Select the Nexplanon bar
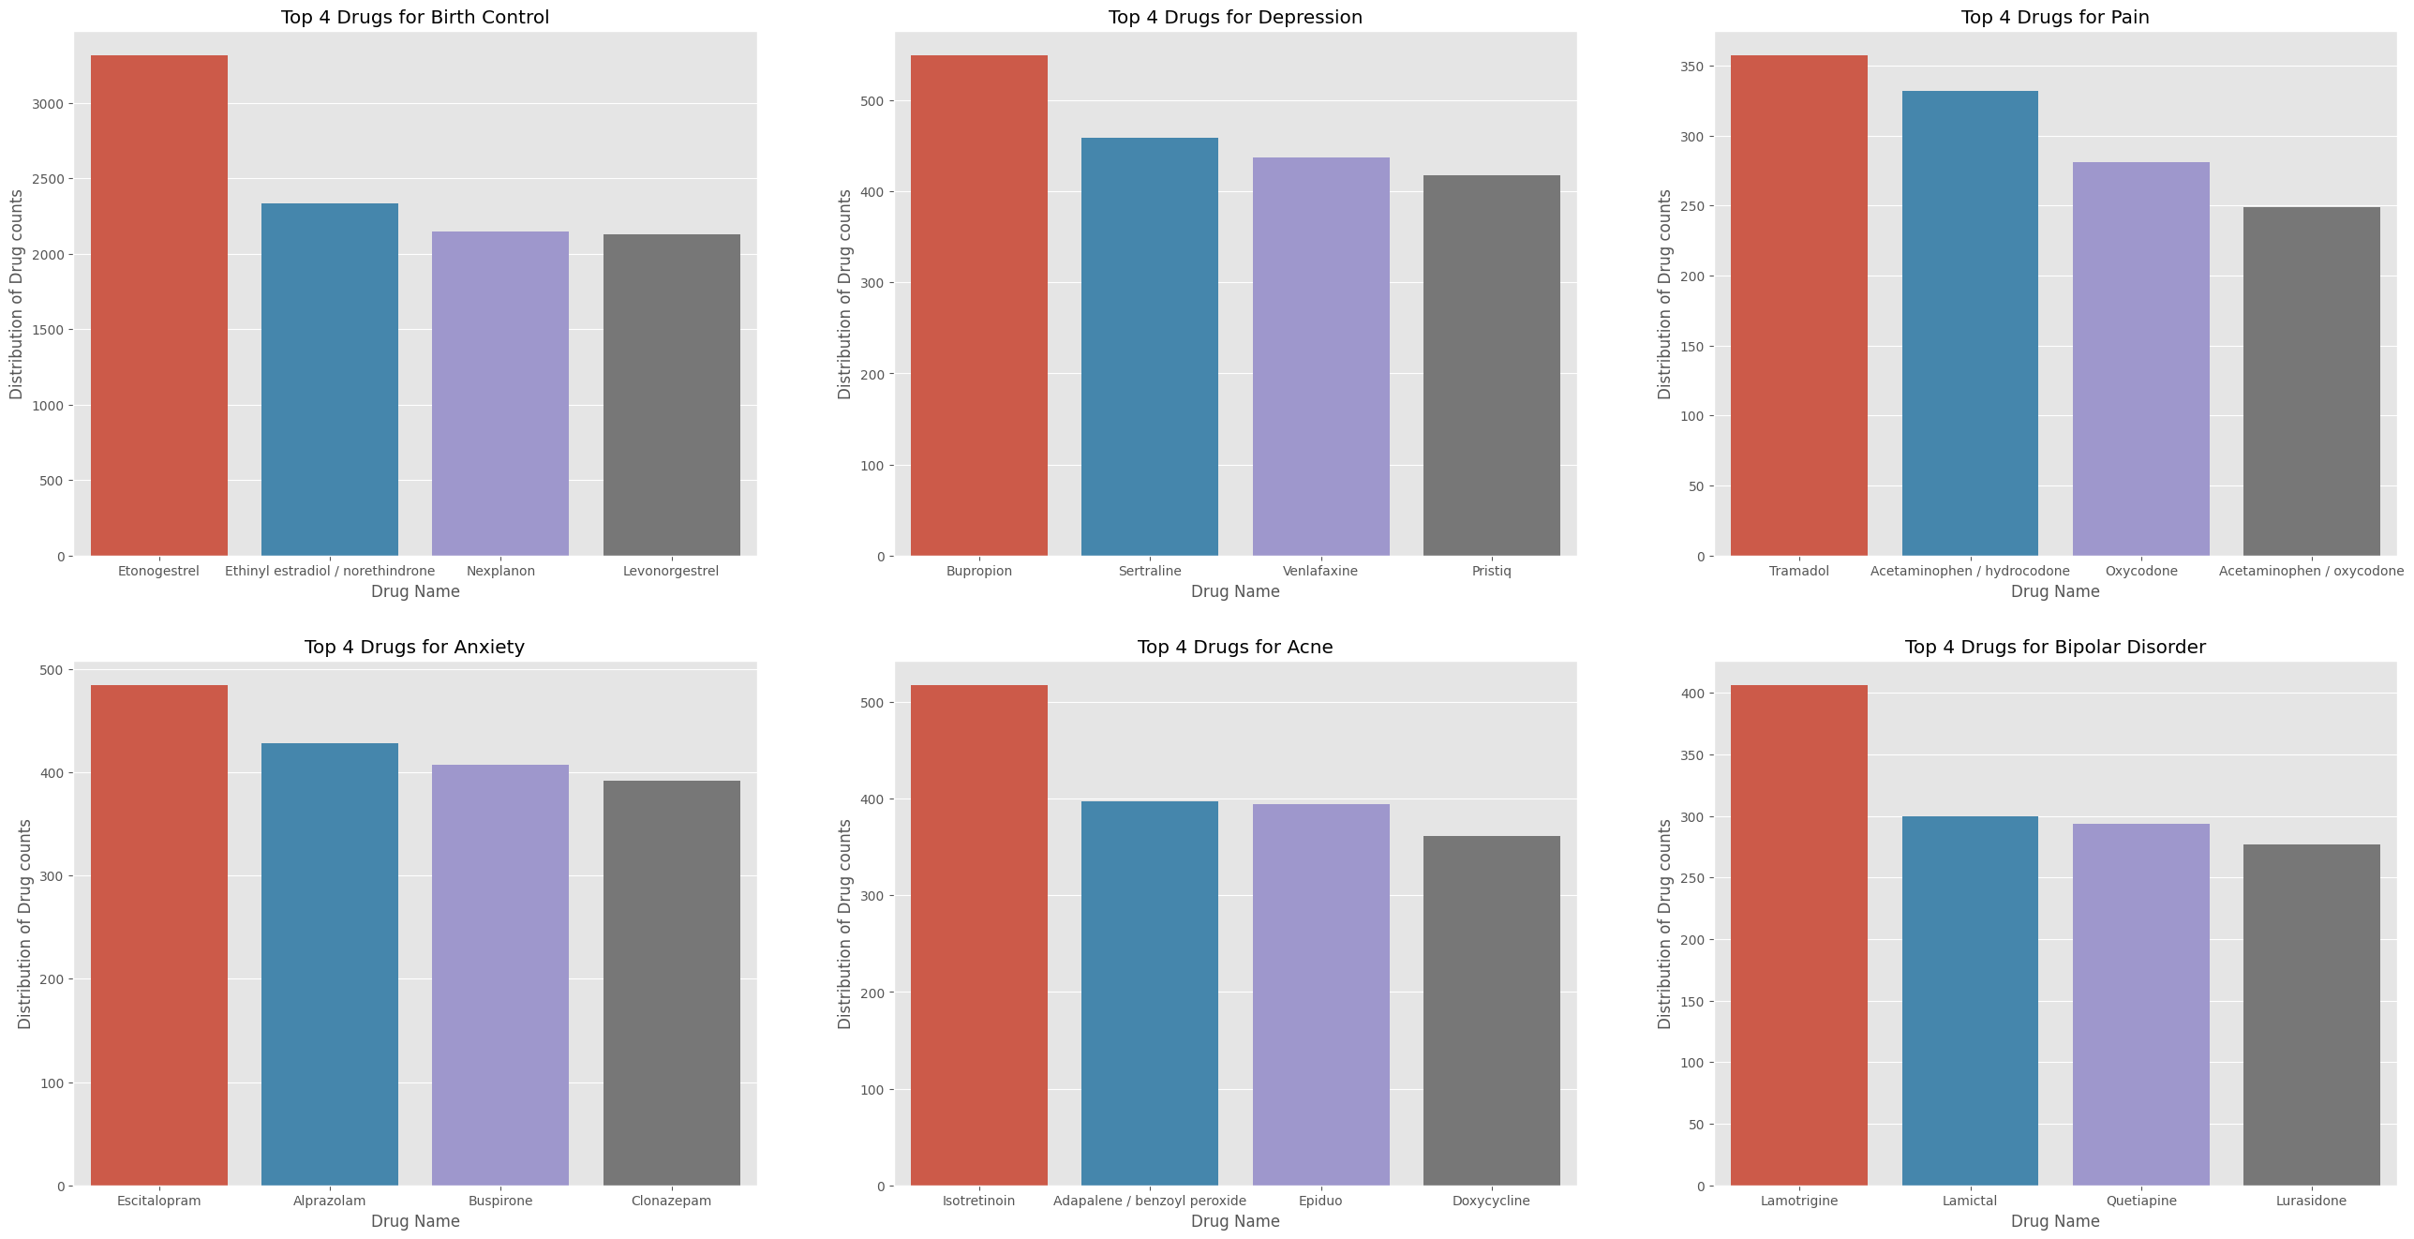click(x=500, y=394)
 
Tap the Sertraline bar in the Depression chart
click(x=1150, y=347)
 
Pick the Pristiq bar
click(x=1491, y=366)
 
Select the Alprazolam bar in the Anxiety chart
click(x=329, y=964)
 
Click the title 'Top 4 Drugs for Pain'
click(x=2055, y=17)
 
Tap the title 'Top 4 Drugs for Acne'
click(x=1235, y=647)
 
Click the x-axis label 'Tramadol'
click(x=1798, y=571)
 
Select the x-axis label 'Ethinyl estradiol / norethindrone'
click(x=330, y=571)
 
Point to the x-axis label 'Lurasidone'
click(x=2311, y=1201)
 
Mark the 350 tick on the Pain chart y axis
click(x=1691, y=67)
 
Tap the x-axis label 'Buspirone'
click(x=500, y=1201)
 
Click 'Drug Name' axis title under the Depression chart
click(x=1235, y=591)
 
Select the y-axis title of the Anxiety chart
click(x=25, y=924)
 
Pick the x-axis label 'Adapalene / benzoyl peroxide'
click(x=1150, y=1201)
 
